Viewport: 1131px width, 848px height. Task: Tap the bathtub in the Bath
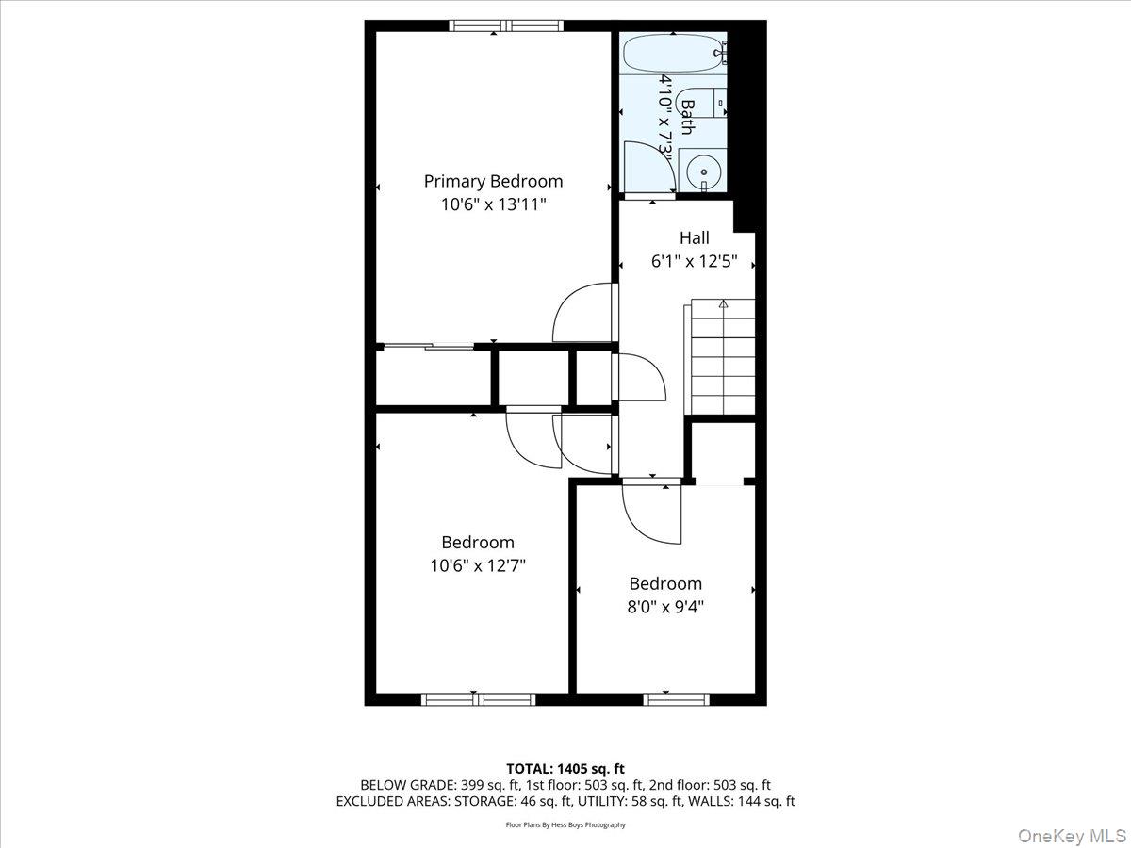coord(672,53)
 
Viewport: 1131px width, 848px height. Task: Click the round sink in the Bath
coord(702,172)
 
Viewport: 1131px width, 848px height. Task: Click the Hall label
coord(694,238)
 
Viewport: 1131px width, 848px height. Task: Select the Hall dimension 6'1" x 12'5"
coord(694,261)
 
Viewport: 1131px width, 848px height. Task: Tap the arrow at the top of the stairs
coord(723,303)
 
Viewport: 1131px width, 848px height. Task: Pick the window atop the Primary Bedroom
coord(506,25)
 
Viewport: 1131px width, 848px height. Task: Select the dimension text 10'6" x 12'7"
coord(478,565)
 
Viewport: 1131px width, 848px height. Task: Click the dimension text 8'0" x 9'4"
coord(666,606)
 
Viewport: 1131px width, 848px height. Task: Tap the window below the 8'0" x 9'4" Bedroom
coord(676,699)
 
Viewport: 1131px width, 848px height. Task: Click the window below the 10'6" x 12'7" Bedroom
coord(478,699)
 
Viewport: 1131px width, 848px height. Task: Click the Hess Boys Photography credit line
coord(565,824)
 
